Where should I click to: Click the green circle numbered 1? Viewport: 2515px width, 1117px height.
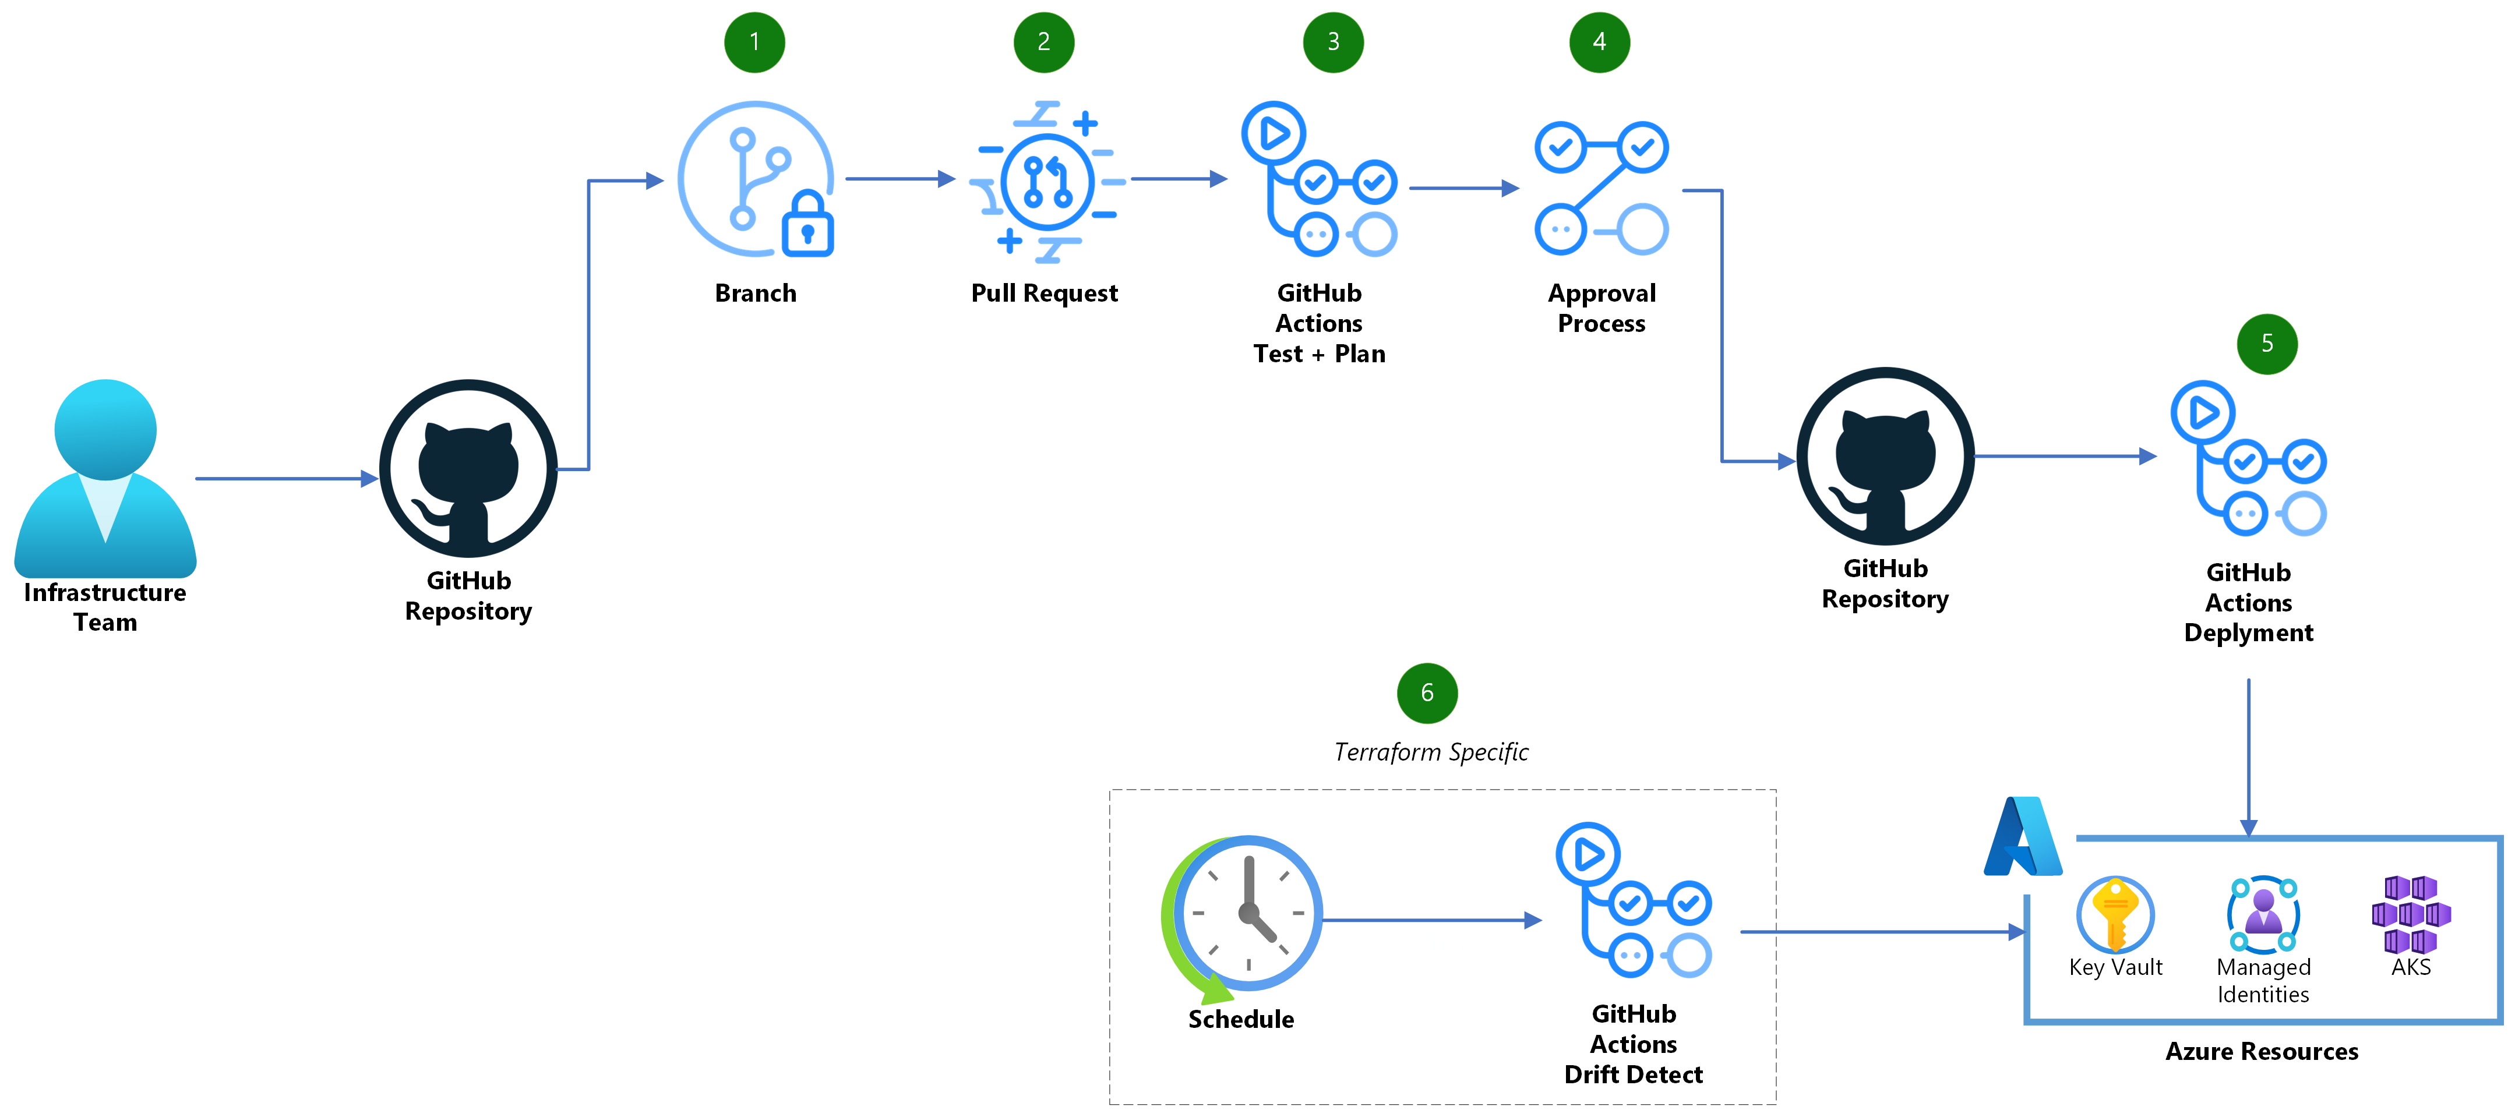(754, 42)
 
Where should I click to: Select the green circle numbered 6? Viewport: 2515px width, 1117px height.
(1426, 692)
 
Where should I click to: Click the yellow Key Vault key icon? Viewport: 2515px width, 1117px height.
(2115, 914)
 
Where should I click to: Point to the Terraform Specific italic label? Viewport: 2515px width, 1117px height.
(1430, 752)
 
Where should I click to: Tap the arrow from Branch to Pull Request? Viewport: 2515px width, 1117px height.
(898, 179)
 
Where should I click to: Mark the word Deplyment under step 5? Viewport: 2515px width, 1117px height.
(2248, 632)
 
